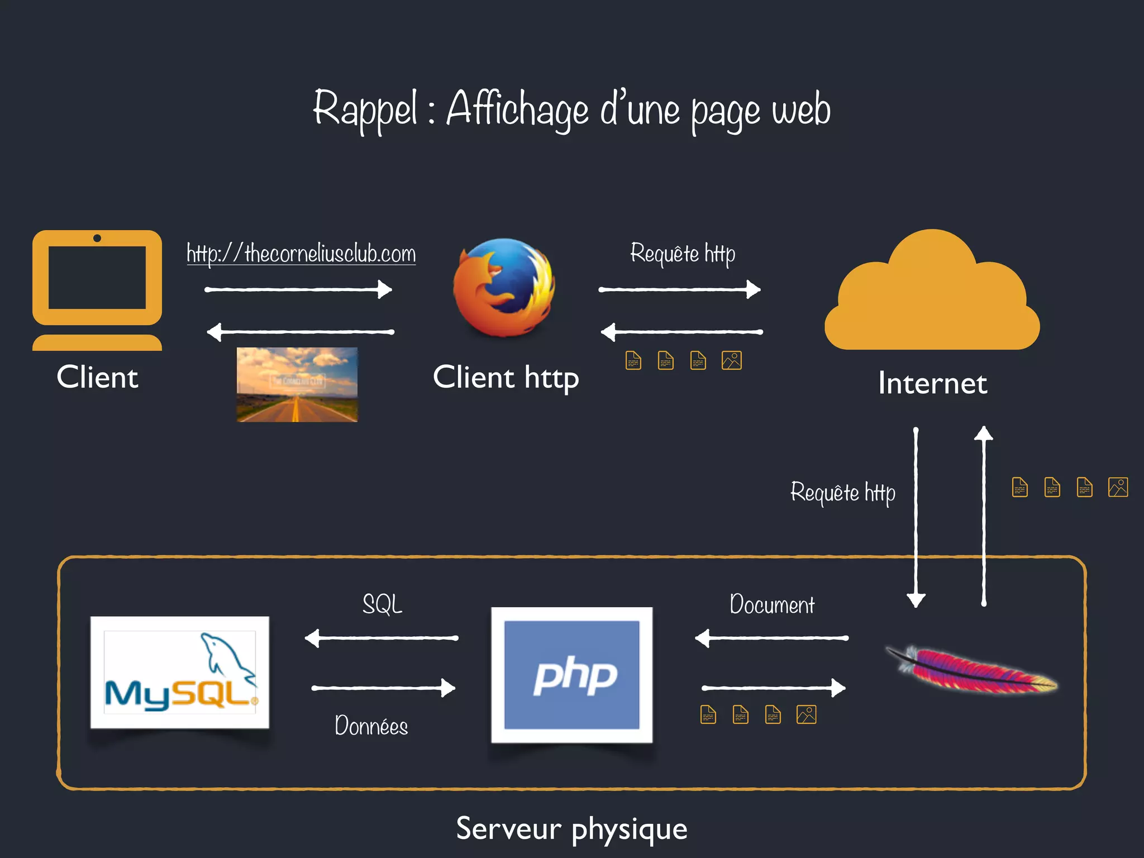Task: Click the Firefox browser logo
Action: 504,288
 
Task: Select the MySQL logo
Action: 180,673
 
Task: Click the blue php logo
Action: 571,675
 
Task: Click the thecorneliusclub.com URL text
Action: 301,254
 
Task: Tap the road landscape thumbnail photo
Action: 297,384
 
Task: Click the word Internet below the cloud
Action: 932,383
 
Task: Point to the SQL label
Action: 382,604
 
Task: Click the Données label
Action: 371,726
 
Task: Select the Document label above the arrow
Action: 772,605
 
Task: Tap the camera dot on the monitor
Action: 97,239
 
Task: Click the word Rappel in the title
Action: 365,109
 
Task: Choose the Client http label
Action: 506,377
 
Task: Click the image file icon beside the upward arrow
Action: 1118,487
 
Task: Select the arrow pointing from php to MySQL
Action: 382,638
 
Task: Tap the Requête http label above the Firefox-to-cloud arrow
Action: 682,254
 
